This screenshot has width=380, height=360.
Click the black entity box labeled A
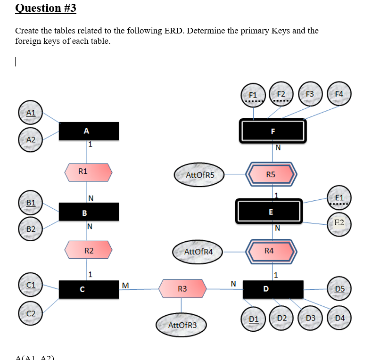coord(89,131)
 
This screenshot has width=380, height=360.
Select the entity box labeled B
coord(89,212)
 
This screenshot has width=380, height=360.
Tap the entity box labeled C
coord(89,289)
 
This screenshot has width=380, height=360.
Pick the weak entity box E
coord(271,212)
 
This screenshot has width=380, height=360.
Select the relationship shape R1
coord(89,172)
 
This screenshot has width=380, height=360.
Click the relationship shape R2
coord(89,250)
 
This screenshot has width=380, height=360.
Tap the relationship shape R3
coord(182,288)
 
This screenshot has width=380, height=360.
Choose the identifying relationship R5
coord(271,174)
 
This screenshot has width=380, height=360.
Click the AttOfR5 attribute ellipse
coord(200,175)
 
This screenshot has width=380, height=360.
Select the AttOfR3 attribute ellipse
coord(182,325)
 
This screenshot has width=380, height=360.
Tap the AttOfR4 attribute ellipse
coord(198,252)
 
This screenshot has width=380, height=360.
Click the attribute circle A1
coord(31,113)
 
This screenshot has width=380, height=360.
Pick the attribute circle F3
coord(310,93)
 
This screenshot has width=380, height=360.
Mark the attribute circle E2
coord(339,222)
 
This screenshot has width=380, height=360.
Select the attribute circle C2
coord(31,313)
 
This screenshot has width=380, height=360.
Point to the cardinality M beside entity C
coord(124,285)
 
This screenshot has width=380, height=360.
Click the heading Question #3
coord(46,8)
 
